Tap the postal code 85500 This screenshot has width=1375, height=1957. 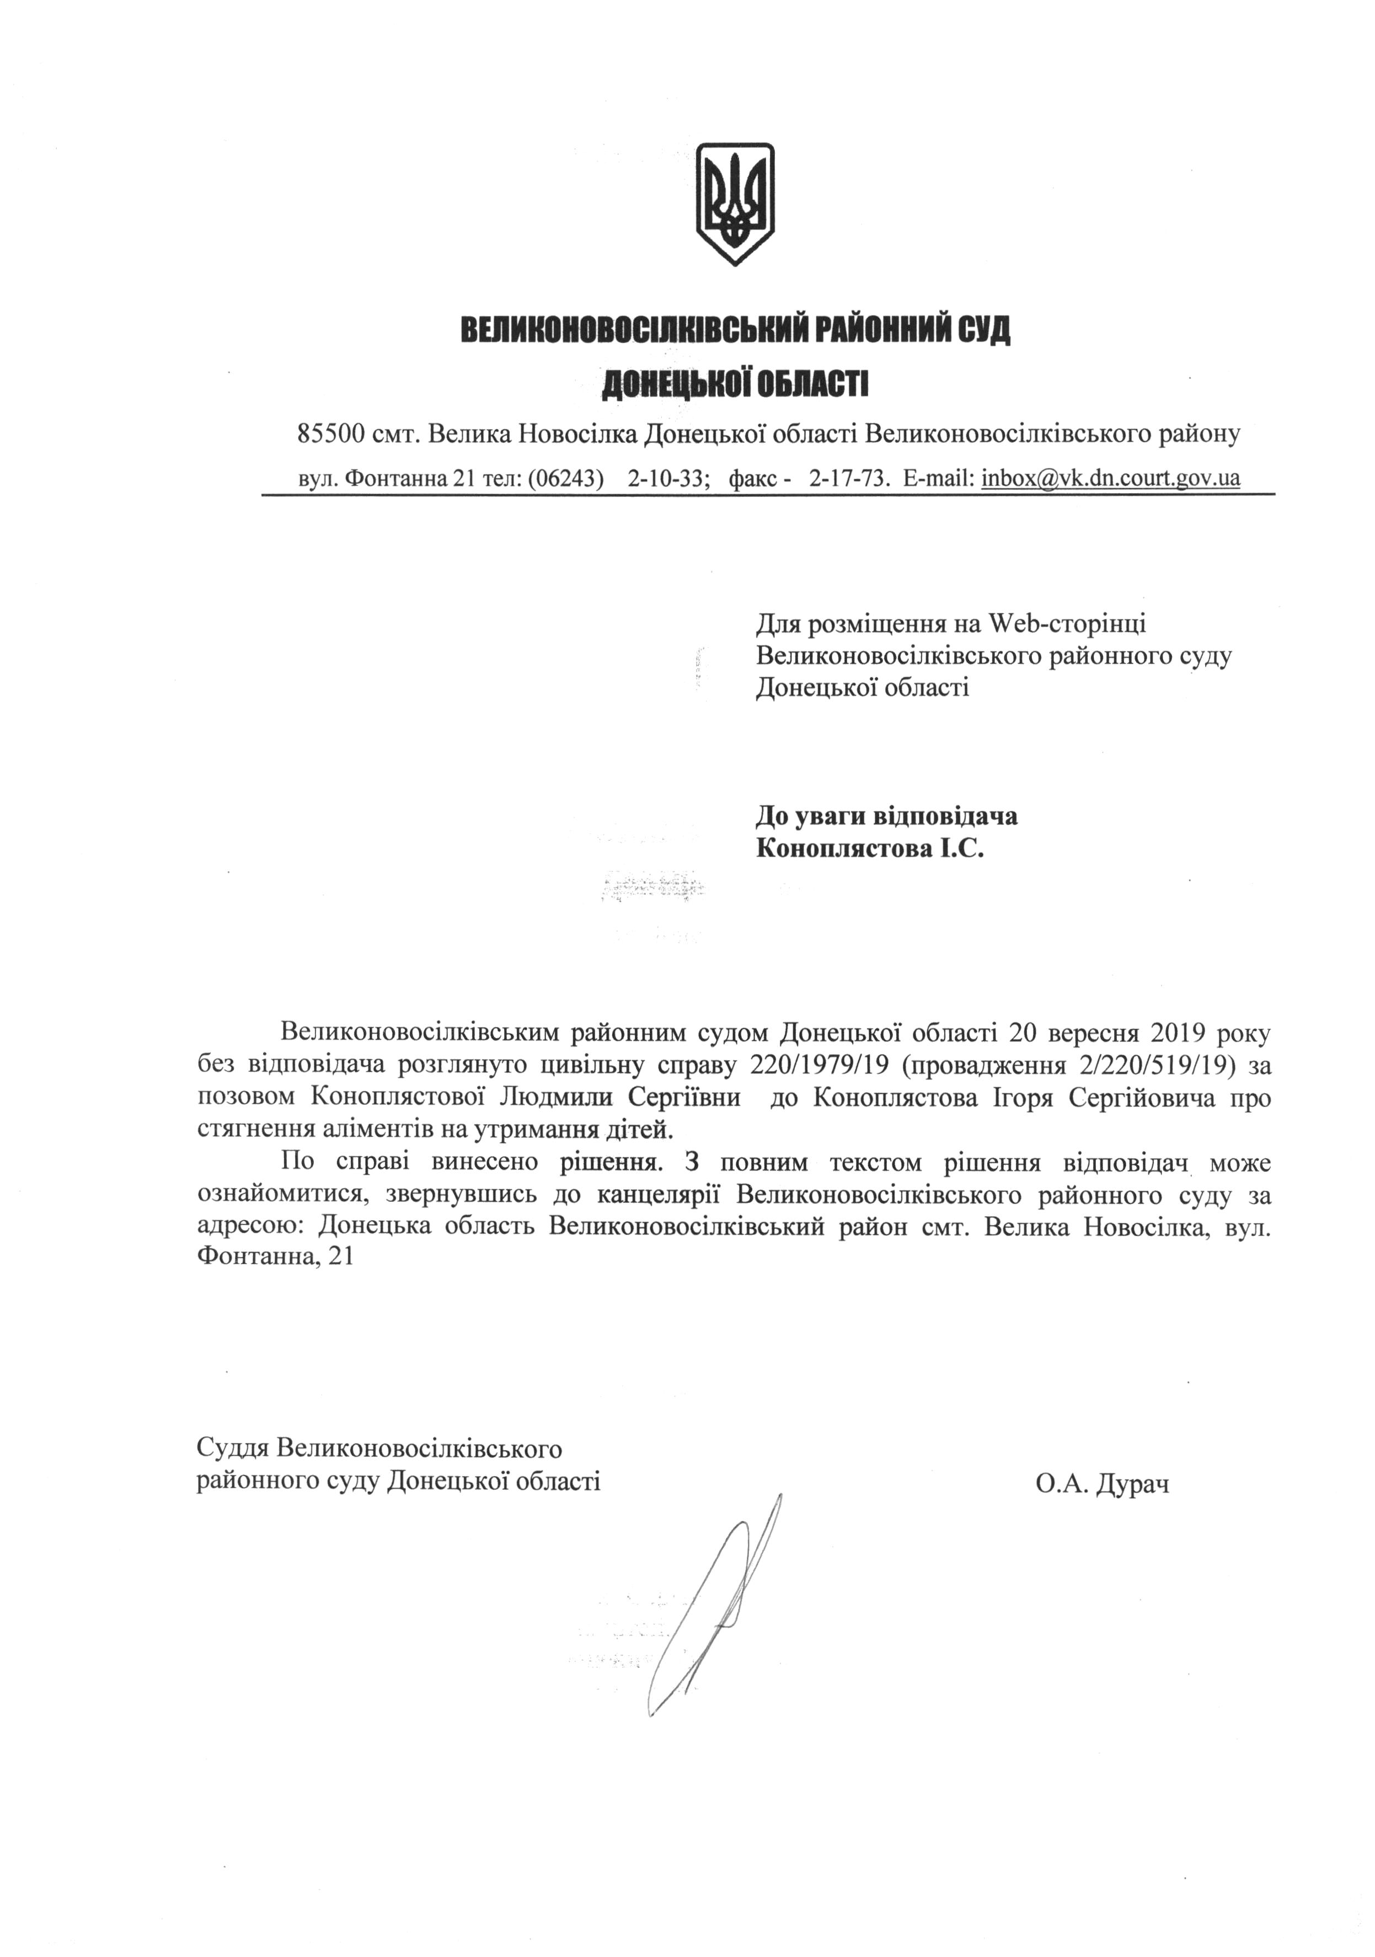click(x=331, y=434)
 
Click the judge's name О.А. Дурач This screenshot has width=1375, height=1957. click(x=1102, y=1484)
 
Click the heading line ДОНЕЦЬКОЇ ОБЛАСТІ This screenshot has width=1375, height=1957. click(x=735, y=384)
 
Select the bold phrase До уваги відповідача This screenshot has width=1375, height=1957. click(x=886, y=816)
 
